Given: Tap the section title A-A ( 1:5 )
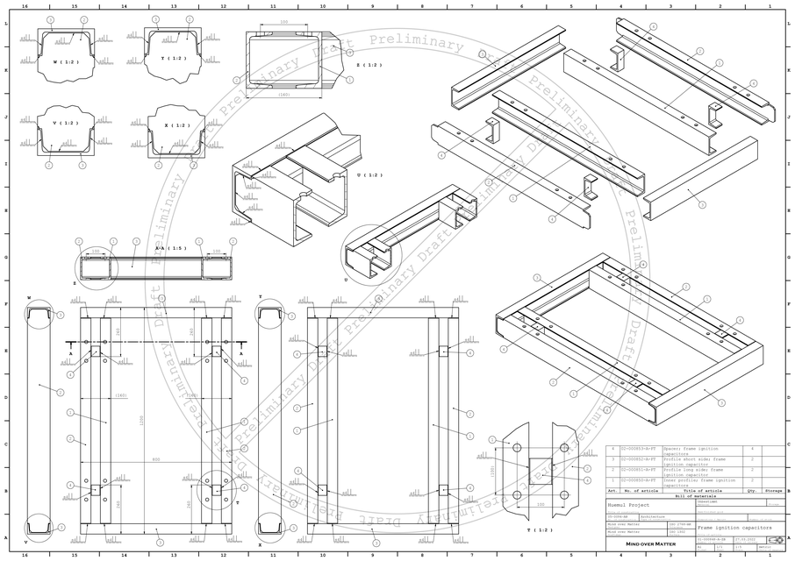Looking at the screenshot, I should pyautogui.click(x=170, y=248).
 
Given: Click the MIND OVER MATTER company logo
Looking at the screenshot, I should pyautogui.click(x=650, y=544).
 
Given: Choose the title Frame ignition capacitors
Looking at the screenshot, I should pyautogui.click(x=734, y=529).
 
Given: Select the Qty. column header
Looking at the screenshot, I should pyautogui.click(x=751, y=491).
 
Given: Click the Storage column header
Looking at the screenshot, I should pyautogui.click(x=773, y=491).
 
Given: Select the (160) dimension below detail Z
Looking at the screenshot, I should pyautogui.click(x=284, y=95).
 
